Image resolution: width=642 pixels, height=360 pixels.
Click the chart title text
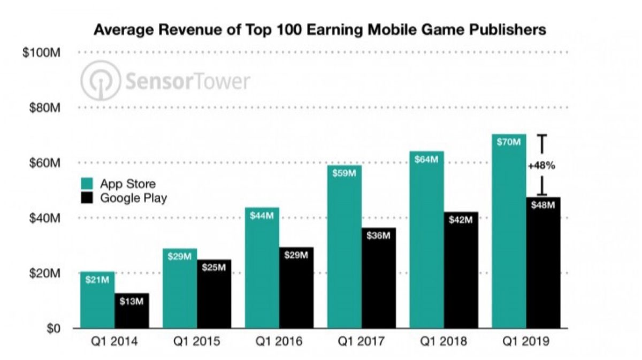[320, 29]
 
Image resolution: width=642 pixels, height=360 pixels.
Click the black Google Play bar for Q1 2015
[214, 294]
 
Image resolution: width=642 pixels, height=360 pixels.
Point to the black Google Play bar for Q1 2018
[461, 270]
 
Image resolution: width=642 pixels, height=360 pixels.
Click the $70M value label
[508, 142]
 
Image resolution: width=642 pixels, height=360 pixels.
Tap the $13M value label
[132, 302]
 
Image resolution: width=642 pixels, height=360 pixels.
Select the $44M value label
[262, 217]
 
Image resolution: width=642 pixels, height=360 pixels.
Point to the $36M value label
[379, 236]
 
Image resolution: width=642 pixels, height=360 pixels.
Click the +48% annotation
[541, 166]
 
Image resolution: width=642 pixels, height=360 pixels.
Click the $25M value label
[214, 268]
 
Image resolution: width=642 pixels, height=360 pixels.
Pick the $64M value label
[426, 159]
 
